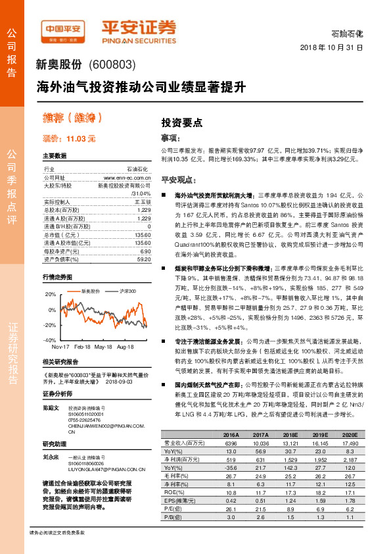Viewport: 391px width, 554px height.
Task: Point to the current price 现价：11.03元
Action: [69, 139]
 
